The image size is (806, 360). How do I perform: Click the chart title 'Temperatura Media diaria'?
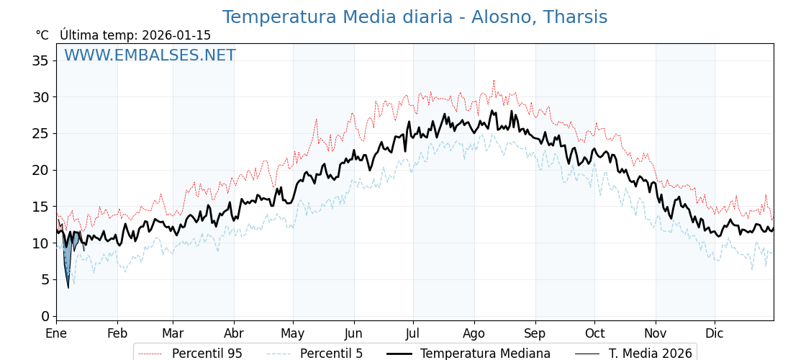415,17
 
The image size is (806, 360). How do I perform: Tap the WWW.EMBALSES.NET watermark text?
150,55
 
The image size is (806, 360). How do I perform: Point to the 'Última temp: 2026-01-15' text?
135,35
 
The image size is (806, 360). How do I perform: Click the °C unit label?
42,35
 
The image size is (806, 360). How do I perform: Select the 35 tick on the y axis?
40,60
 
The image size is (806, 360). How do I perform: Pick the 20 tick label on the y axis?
40,170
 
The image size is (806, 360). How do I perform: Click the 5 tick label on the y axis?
45,279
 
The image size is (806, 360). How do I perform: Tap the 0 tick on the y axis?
45,316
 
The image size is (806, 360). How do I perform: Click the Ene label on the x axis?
56,333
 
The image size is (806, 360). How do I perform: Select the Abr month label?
233,333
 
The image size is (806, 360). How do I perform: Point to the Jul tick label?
413,333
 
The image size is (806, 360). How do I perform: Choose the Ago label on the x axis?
474,333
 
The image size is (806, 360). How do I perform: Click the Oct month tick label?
594,333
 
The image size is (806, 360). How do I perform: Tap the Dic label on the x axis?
715,333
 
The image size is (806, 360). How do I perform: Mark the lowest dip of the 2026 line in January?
68,288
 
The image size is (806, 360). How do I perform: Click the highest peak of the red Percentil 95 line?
494,81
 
